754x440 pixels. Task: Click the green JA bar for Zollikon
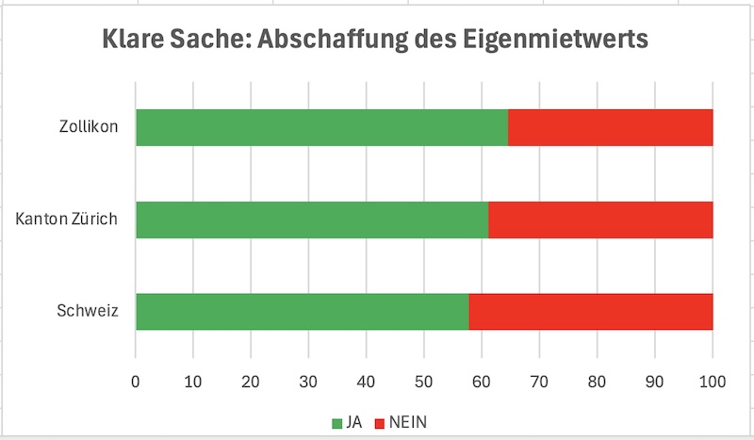point(321,127)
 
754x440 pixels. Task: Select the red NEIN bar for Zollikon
point(610,127)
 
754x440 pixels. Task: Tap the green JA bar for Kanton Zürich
point(312,220)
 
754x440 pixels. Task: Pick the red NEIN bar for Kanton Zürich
point(600,220)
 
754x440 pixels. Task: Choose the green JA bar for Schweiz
point(302,312)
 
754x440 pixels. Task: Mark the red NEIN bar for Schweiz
point(591,312)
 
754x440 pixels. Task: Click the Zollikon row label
point(88,127)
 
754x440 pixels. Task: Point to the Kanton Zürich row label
point(66,220)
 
